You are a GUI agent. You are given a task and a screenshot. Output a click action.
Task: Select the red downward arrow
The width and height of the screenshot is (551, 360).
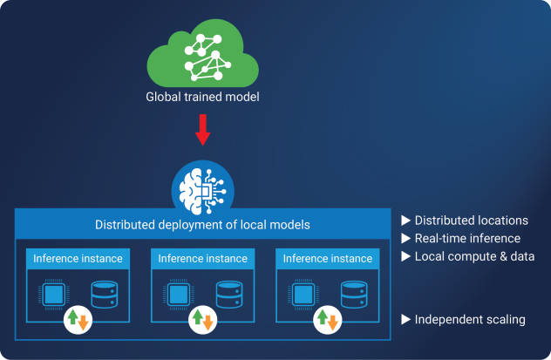pos(202,132)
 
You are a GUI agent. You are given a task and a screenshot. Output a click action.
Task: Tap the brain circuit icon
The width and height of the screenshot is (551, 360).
pos(201,185)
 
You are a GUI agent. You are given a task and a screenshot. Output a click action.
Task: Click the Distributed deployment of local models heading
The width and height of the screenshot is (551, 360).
pos(202,226)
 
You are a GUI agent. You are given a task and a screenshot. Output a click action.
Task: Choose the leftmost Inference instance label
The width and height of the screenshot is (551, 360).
pos(78,259)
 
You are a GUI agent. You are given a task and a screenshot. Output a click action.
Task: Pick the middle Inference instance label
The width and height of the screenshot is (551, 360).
pos(202,259)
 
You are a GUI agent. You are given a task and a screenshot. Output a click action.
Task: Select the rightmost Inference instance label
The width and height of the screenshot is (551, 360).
pos(327,259)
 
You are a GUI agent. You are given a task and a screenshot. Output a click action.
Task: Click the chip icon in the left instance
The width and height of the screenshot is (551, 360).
pos(55,295)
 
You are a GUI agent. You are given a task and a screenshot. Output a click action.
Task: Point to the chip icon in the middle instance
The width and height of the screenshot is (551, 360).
pos(179,295)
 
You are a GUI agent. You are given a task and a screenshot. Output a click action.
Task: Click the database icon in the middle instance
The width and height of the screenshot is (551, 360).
pos(228,295)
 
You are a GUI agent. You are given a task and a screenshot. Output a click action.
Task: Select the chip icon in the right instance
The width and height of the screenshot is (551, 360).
pos(303,295)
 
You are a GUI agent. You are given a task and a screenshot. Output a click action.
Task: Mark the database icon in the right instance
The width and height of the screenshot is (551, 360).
pos(353,295)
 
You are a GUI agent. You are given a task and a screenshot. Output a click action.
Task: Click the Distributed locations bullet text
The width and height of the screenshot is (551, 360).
pos(470,220)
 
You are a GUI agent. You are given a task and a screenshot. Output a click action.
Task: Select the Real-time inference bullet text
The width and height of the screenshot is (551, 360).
pos(466,238)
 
